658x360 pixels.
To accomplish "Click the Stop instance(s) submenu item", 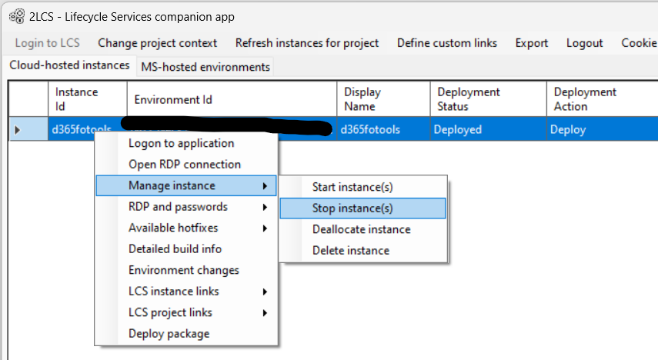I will click(x=352, y=208).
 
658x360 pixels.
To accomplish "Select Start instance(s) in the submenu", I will click(x=352, y=187).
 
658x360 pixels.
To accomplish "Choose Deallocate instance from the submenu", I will click(x=361, y=229).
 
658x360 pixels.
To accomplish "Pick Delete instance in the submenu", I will click(x=351, y=250).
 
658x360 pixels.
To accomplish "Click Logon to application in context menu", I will click(x=181, y=143).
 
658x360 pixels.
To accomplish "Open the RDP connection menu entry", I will click(x=185, y=164).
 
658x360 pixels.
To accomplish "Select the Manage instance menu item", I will click(x=172, y=185).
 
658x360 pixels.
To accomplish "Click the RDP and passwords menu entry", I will click(x=178, y=206).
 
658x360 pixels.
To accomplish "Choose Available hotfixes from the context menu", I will click(x=173, y=228).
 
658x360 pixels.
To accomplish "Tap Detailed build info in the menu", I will click(x=175, y=248).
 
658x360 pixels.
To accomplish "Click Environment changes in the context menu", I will click(x=184, y=270).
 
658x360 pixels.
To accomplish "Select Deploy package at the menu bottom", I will click(x=169, y=333).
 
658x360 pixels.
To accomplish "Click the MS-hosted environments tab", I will click(x=205, y=67).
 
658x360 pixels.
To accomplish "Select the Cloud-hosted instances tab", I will click(x=69, y=65).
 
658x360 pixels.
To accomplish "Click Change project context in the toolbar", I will click(x=158, y=43).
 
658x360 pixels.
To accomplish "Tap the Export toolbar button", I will click(x=532, y=43).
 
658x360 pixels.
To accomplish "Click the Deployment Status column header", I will click(x=468, y=99).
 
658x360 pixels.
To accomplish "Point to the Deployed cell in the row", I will click(x=457, y=129).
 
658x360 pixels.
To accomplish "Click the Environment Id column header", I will click(x=173, y=100).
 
